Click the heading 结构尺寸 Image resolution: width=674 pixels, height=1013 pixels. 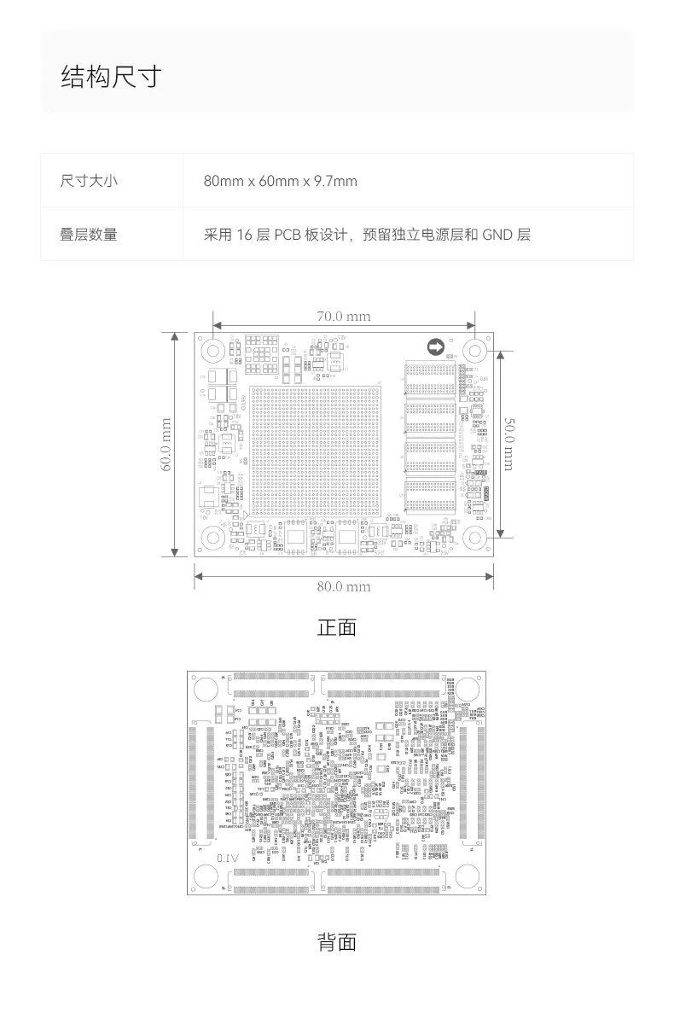coord(111,77)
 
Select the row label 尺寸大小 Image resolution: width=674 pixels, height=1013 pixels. coord(89,181)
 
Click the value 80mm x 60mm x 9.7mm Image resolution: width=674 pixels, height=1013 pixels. coord(280,181)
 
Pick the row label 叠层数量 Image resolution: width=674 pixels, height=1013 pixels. coord(89,234)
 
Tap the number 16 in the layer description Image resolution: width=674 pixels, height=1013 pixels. coord(246,234)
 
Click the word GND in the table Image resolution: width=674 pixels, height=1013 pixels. coord(497,234)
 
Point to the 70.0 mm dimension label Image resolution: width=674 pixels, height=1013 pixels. coord(344,316)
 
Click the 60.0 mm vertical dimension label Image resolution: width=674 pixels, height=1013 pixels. coord(166,444)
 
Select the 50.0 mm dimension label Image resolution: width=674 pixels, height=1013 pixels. coord(508,444)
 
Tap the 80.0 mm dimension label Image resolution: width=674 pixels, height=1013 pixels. coord(344,586)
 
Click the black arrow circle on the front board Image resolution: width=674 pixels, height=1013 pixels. coord(435,346)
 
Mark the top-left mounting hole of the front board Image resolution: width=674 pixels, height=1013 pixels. coord(212,349)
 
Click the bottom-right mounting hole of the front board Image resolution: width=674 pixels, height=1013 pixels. coord(475,538)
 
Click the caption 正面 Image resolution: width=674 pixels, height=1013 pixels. coord(336,628)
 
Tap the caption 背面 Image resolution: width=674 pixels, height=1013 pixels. coord(336,942)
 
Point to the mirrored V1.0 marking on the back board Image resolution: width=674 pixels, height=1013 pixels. coord(229,857)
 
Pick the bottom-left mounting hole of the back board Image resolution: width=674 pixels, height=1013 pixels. coord(206,876)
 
